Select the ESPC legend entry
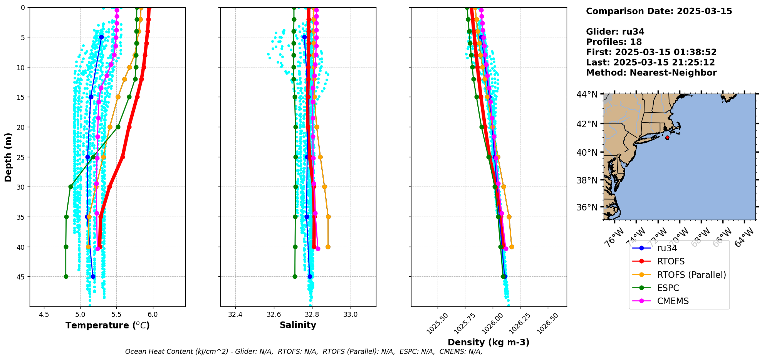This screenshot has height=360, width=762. click(x=668, y=288)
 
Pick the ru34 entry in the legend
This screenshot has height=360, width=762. click(x=667, y=249)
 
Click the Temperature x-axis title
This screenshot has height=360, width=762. click(x=107, y=325)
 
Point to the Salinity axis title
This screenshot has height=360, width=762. click(x=298, y=325)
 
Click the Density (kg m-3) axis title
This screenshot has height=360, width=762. click(x=488, y=342)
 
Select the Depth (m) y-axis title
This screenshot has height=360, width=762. click(x=8, y=157)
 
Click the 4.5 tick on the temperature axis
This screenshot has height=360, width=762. click(x=44, y=315)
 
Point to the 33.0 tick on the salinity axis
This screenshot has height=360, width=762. click(x=350, y=315)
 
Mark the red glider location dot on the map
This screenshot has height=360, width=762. click(x=667, y=138)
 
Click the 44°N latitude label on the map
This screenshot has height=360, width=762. click(x=587, y=94)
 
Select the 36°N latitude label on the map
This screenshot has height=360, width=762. click(x=587, y=207)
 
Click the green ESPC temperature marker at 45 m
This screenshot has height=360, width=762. click(x=66, y=276)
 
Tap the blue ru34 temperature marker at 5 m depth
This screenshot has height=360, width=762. click(x=101, y=37)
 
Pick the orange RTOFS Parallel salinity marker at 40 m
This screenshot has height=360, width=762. click(x=328, y=247)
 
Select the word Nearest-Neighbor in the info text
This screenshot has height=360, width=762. click(x=673, y=73)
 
